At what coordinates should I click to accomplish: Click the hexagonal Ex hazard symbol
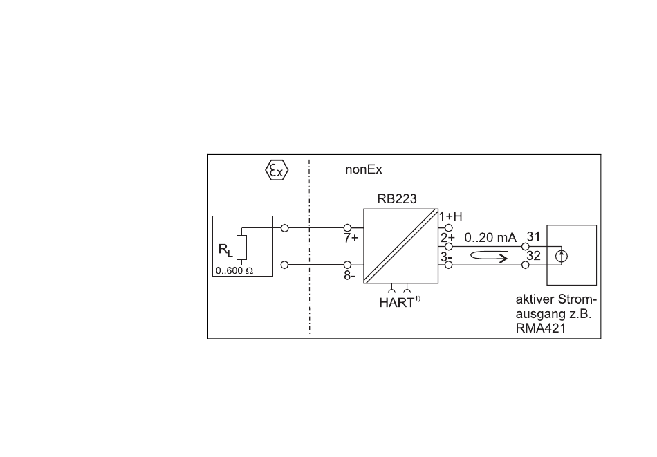coord(277,171)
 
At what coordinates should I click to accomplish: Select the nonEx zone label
coord(363,169)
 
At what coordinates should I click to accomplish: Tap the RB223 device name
coord(397,198)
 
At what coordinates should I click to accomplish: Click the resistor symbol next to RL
coord(242,248)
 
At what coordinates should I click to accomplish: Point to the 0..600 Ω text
coord(234,270)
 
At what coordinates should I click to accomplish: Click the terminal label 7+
coord(351,239)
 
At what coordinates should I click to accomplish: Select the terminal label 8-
coord(349,276)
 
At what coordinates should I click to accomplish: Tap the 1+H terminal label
coord(450,216)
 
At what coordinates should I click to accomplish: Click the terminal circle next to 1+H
coord(448,228)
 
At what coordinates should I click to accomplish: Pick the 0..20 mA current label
coord(490,238)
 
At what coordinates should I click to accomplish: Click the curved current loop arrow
coord(488,256)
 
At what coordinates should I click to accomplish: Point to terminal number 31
coord(533,236)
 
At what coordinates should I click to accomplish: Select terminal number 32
coord(533,256)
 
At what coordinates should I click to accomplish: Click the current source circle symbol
coord(561,256)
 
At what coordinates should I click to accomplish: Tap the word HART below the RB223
coord(397,303)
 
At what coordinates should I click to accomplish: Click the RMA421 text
coord(541,328)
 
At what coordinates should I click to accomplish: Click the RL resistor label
coord(225,250)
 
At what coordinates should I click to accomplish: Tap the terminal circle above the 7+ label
coord(347,228)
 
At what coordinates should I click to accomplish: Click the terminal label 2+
coord(447,238)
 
